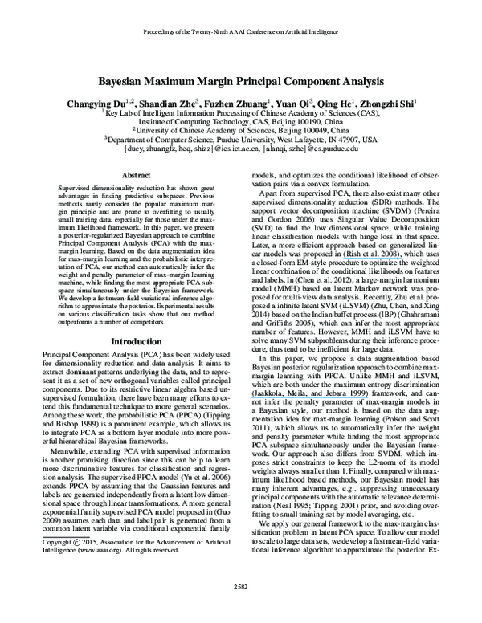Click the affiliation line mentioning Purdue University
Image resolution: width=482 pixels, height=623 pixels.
pos(240,138)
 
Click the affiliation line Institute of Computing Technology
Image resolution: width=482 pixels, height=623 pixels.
pos(240,120)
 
